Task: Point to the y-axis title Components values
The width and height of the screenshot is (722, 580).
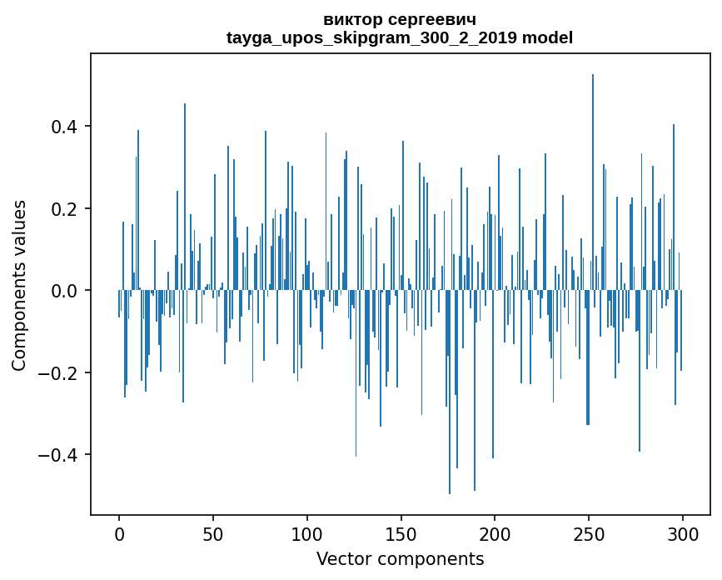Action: coord(19,285)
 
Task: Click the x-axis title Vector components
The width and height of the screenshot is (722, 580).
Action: coord(400,558)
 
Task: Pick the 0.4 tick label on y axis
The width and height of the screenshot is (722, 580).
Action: coord(62,127)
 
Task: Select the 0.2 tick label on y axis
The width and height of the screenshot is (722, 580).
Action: coord(62,208)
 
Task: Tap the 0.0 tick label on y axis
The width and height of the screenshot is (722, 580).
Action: coord(62,291)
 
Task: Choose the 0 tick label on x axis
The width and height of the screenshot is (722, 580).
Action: coord(119,533)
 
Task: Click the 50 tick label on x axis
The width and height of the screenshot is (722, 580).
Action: coord(213,533)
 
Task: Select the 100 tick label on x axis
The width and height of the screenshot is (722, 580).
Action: coord(307,533)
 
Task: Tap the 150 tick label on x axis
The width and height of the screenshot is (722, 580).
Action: coord(401,533)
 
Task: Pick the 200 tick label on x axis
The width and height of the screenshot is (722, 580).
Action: coord(495,533)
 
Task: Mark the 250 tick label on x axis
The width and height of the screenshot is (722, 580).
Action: coord(589,533)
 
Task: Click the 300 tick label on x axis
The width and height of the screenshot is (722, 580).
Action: coord(683,533)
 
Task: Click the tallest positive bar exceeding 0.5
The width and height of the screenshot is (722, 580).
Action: coord(593,183)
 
